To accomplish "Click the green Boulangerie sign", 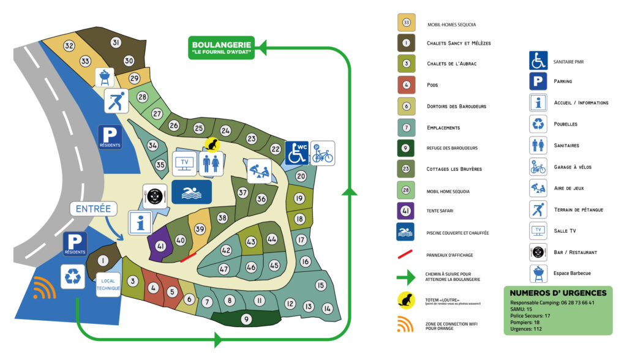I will [x=221, y=48].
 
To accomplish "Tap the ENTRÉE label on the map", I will [x=93, y=209].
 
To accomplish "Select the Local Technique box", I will [x=108, y=284].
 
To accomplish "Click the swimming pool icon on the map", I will [x=191, y=192].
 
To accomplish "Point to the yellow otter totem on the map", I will [x=212, y=144].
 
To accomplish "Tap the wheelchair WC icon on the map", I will [x=297, y=153].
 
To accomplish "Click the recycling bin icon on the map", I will [x=73, y=277].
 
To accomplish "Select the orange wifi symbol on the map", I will [x=44, y=288].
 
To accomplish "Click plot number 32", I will [x=69, y=46].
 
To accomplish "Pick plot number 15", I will [x=320, y=285].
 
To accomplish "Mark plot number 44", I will [x=272, y=238].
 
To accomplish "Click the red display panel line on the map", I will [x=189, y=257].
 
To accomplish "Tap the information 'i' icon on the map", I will [x=141, y=222].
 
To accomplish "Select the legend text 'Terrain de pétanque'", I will [x=578, y=209].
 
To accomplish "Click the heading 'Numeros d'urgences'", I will [x=558, y=293].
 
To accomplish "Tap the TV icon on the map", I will [x=184, y=163].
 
